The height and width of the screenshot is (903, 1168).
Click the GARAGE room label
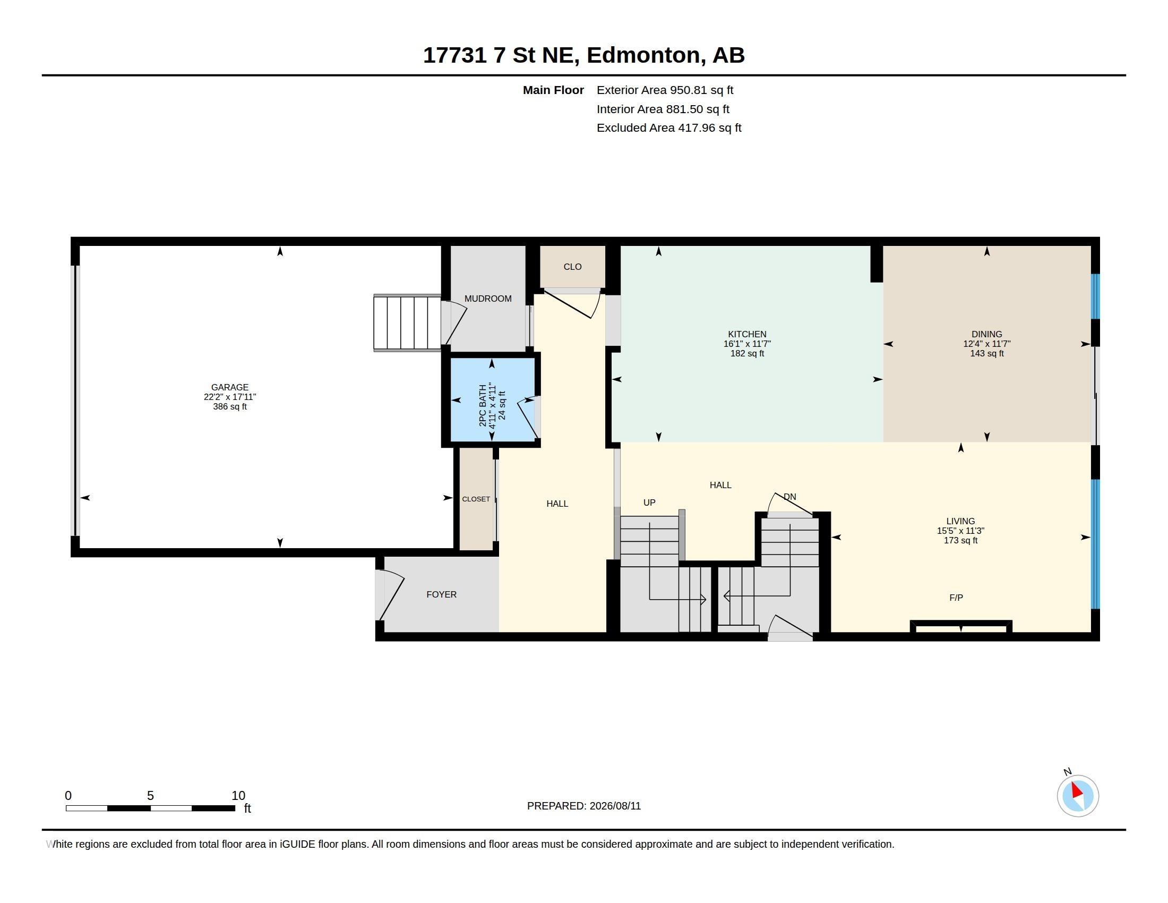(229, 387)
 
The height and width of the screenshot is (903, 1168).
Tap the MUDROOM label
(488, 299)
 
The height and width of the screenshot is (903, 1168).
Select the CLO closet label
(572, 267)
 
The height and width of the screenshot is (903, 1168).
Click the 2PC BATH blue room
(492, 399)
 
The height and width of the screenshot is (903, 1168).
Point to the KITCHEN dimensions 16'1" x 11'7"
(747, 344)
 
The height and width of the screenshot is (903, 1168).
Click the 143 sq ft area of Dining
(987, 354)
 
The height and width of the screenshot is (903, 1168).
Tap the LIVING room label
(960, 521)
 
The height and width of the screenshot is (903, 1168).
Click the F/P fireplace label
(956, 598)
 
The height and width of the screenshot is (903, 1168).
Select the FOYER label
(441, 594)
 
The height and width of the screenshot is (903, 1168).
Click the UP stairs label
(649, 502)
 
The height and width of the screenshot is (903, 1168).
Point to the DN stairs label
(790, 497)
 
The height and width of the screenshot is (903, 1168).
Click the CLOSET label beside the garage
(476, 499)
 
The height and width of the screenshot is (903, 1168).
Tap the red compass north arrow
(1077, 790)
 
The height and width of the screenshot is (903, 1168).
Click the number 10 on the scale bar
(238, 796)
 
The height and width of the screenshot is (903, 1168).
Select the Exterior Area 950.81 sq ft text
(665, 90)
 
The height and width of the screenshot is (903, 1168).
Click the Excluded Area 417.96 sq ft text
(668, 128)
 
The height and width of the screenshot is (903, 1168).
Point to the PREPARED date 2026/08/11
(615, 806)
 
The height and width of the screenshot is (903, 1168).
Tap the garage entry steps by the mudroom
(408, 322)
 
